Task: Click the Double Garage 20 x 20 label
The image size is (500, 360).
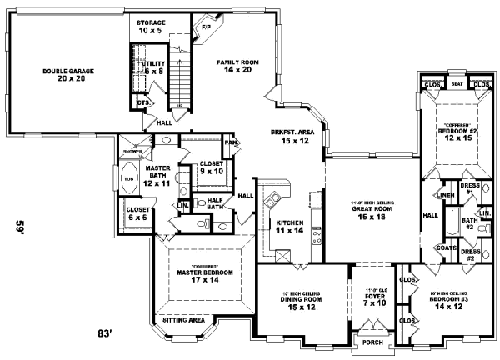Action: (67, 76)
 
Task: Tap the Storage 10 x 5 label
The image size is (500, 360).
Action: (152, 26)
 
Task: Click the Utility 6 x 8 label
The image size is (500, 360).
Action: (153, 67)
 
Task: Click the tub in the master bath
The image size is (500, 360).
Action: (128, 177)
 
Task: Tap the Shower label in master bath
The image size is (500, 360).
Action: (132, 152)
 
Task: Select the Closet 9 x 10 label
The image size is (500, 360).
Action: (211, 167)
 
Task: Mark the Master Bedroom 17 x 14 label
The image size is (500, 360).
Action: (204, 276)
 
